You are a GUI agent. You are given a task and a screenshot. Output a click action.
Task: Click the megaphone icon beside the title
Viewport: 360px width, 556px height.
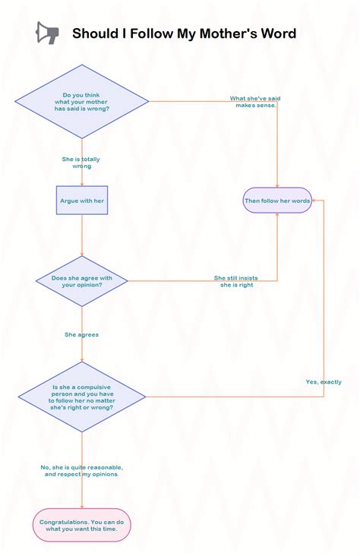tap(47, 33)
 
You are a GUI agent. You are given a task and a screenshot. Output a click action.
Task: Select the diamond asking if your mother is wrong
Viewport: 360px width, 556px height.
tap(82, 101)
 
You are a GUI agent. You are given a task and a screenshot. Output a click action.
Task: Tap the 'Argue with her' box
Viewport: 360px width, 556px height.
tap(82, 201)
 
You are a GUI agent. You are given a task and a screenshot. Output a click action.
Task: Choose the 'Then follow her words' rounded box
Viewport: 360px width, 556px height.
tap(277, 201)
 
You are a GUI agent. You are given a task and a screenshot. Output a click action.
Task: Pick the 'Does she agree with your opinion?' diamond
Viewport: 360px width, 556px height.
tap(82, 281)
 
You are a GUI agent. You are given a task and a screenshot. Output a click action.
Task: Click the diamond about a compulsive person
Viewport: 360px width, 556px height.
tap(82, 396)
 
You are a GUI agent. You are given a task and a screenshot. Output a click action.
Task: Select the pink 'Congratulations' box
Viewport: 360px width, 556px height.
tap(82, 525)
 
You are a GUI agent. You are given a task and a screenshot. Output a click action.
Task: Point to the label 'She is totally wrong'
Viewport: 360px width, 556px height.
tap(81, 163)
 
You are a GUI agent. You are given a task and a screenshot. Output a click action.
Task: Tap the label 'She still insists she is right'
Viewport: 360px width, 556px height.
tap(236, 281)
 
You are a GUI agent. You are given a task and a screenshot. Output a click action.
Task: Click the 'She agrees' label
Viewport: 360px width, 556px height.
tap(81, 334)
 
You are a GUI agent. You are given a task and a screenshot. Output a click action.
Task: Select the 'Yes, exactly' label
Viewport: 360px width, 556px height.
tap(324, 381)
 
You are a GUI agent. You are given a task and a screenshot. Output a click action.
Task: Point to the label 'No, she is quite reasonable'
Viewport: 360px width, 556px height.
tap(82, 470)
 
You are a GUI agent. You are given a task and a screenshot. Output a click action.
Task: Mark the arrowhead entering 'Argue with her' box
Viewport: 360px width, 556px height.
tap(82, 183)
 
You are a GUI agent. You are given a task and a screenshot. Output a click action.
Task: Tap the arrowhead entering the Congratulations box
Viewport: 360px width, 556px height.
tap(82, 506)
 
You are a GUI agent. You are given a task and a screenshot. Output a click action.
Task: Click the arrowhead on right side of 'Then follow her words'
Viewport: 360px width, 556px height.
tap(315, 201)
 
